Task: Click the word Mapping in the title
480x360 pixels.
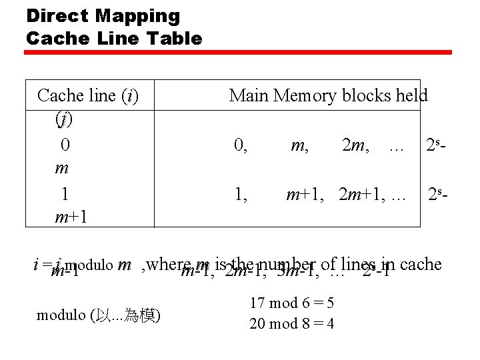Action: click(138, 16)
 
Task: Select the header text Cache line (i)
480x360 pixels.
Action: click(88, 96)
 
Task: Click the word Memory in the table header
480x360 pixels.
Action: click(305, 96)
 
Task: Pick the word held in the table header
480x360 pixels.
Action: click(411, 96)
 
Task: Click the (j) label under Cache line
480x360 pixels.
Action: click(65, 120)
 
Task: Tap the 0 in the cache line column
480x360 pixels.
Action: click(65, 145)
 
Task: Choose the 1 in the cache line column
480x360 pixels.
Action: click(65, 194)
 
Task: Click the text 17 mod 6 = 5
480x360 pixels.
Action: click(292, 303)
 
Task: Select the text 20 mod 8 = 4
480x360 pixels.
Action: click(292, 324)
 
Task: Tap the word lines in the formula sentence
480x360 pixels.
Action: click(357, 264)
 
